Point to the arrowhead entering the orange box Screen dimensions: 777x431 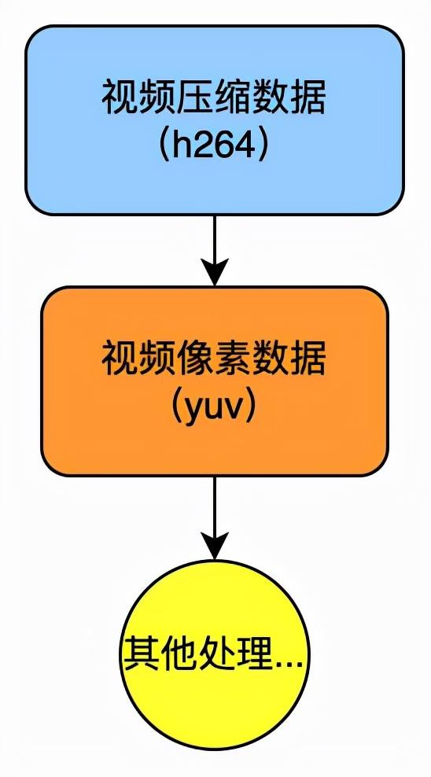coord(214,272)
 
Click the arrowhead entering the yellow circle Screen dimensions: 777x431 coord(214,545)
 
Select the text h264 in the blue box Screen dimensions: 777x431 coord(214,147)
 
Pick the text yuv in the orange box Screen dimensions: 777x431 coord(214,407)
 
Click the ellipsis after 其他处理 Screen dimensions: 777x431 coord(288,661)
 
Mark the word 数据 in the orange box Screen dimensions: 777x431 coord(290,360)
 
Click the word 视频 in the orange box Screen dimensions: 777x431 coord(138,360)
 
